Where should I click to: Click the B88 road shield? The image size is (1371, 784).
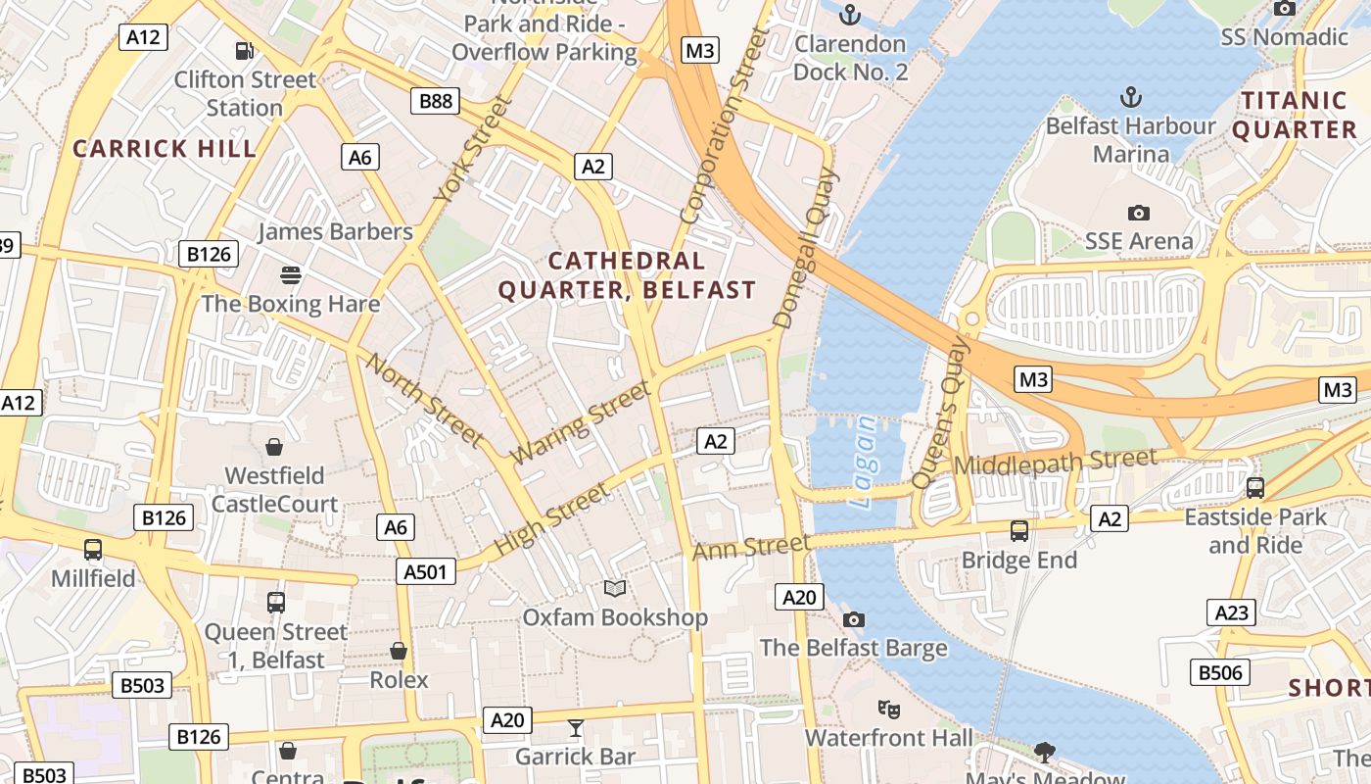436,100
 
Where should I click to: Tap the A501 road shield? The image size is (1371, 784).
427,571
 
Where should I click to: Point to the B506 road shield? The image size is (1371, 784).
1220,672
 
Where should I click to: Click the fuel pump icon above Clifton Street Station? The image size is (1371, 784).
245,50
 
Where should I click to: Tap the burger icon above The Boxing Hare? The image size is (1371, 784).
290,274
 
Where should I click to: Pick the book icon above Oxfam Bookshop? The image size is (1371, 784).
615,588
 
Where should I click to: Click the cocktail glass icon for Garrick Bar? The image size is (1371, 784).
576,727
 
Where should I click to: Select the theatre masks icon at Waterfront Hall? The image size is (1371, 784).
889,708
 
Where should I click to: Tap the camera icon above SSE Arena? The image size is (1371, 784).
1138,213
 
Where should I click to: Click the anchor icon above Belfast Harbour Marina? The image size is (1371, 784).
1131,97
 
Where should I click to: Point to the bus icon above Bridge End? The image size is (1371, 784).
1019,531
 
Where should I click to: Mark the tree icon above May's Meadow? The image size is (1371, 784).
1045,752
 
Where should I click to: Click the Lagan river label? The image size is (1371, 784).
865,462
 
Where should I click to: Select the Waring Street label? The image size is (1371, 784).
581,422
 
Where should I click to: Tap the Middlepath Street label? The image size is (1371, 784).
1055,461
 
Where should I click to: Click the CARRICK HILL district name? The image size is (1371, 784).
165,149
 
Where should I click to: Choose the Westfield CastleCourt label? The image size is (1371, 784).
274,490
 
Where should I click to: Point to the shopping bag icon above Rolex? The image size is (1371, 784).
399,651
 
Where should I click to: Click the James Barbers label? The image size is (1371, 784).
335,232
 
